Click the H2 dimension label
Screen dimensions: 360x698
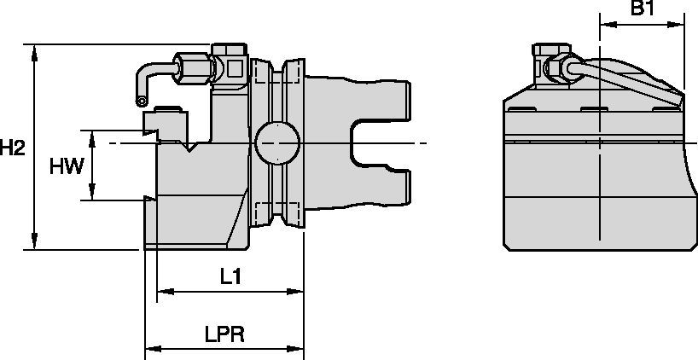(12, 148)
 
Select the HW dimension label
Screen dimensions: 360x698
(67, 165)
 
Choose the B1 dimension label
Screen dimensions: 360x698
(642, 9)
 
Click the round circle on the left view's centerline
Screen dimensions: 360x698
(277, 142)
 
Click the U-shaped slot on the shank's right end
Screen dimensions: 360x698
(375, 143)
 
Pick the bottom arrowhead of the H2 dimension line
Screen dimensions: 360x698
(34, 245)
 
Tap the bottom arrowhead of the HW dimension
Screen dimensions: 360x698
(93, 195)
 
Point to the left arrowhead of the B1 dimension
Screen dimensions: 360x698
(604, 25)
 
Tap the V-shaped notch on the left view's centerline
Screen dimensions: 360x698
(193, 148)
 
